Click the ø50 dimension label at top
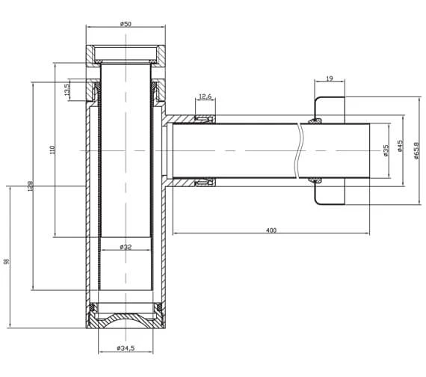(x=126, y=24)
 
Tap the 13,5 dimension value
(x=67, y=91)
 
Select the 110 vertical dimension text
(x=52, y=150)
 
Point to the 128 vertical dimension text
(x=30, y=186)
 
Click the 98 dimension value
(x=7, y=261)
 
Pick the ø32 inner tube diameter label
(x=126, y=246)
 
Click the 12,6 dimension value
(x=206, y=96)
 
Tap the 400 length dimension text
(x=271, y=230)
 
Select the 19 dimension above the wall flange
(x=330, y=77)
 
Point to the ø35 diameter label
(x=386, y=150)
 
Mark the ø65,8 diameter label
(x=416, y=150)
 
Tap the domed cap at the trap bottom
(x=126, y=319)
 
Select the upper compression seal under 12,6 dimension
(x=204, y=119)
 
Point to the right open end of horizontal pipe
(x=371, y=150)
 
